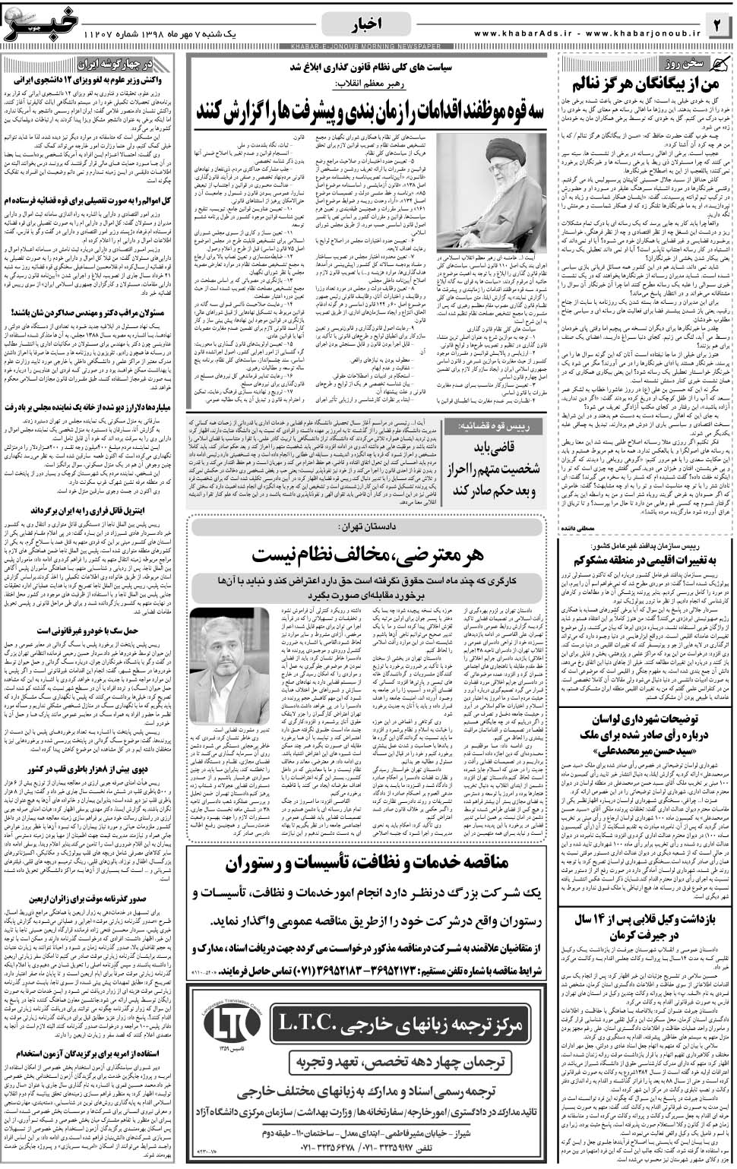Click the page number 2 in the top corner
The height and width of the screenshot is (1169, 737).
[718, 25]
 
